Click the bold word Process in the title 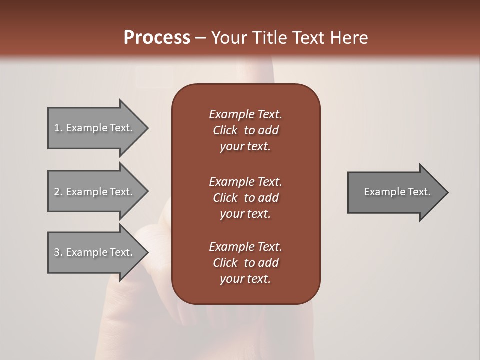tap(157, 38)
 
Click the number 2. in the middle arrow tap(58, 192)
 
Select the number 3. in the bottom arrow tap(58, 252)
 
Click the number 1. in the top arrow tap(58, 128)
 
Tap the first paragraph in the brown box tap(245, 130)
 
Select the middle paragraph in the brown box tap(245, 198)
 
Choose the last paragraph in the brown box tap(245, 263)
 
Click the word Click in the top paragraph tap(225, 130)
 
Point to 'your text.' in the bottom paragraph tap(245, 279)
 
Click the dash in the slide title tap(200, 38)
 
